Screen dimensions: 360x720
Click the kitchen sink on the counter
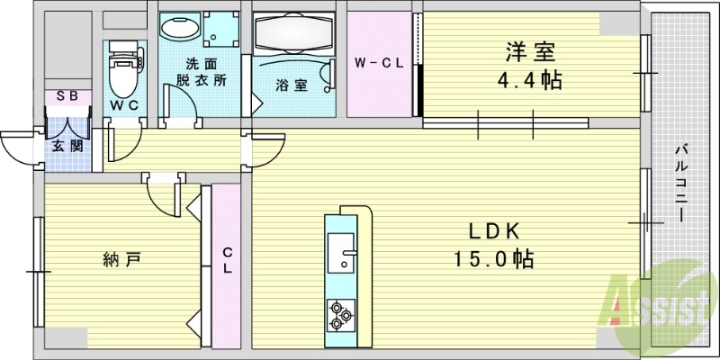click(343, 253)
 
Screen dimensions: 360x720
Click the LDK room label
click(490, 231)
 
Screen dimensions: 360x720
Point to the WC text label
click(122, 105)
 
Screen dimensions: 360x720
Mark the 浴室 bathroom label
click(292, 85)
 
